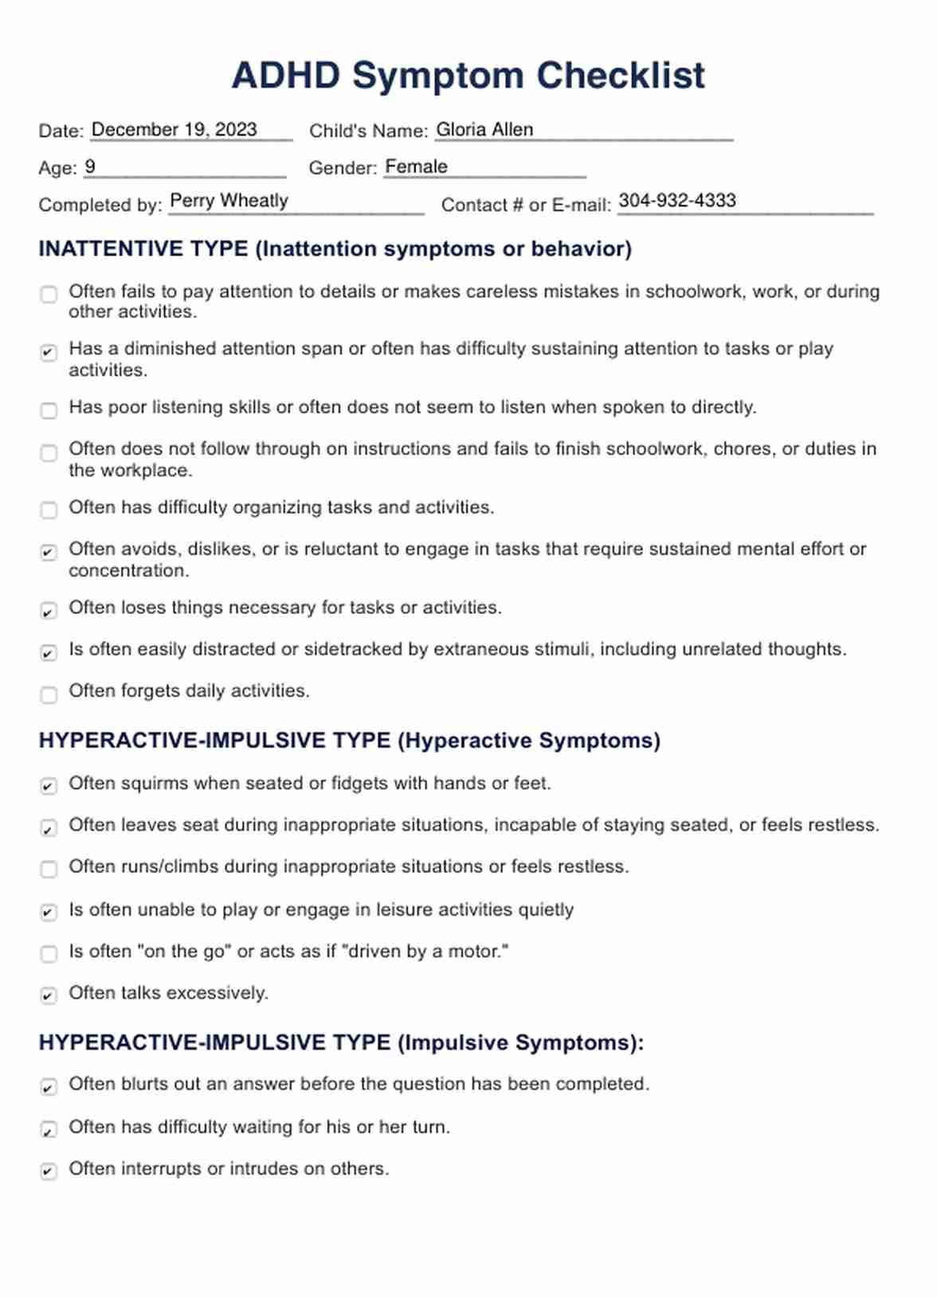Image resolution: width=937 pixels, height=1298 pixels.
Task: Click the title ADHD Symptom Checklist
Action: tap(468, 76)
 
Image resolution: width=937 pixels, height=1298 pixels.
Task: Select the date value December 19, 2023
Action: tap(174, 130)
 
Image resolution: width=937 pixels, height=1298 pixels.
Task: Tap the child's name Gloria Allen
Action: tap(484, 130)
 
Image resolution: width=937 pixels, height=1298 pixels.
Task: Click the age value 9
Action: tap(90, 167)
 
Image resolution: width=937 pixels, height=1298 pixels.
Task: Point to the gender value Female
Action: tap(416, 167)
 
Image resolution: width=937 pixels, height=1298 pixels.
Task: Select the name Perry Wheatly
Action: tap(229, 201)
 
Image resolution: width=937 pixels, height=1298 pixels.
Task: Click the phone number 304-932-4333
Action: tap(677, 201)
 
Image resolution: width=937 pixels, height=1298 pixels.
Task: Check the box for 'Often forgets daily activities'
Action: tap(49, 694)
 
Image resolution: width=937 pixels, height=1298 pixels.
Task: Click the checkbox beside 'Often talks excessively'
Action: tap(49, 995)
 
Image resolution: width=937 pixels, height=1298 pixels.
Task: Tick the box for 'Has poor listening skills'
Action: tap(49, 410)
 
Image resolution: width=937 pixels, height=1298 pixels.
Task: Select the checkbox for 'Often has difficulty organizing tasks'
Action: tap(49, 510)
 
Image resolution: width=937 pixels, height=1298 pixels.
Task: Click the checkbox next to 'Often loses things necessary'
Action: tap(49, 611)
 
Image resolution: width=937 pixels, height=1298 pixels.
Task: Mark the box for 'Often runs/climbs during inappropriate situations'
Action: tap(49, 869)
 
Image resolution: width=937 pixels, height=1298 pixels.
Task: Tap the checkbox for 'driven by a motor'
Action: tap(49, 953)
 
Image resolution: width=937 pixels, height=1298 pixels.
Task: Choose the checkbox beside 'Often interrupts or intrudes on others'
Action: tap(49, 1171)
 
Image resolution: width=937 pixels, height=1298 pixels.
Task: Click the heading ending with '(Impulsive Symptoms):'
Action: tap(341, 1043)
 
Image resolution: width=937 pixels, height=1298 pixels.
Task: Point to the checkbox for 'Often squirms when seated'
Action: tap(49, 786)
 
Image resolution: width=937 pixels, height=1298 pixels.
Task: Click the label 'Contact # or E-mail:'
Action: tap(526, 205)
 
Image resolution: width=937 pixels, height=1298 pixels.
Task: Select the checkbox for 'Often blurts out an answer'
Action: tap(49, 1087)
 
